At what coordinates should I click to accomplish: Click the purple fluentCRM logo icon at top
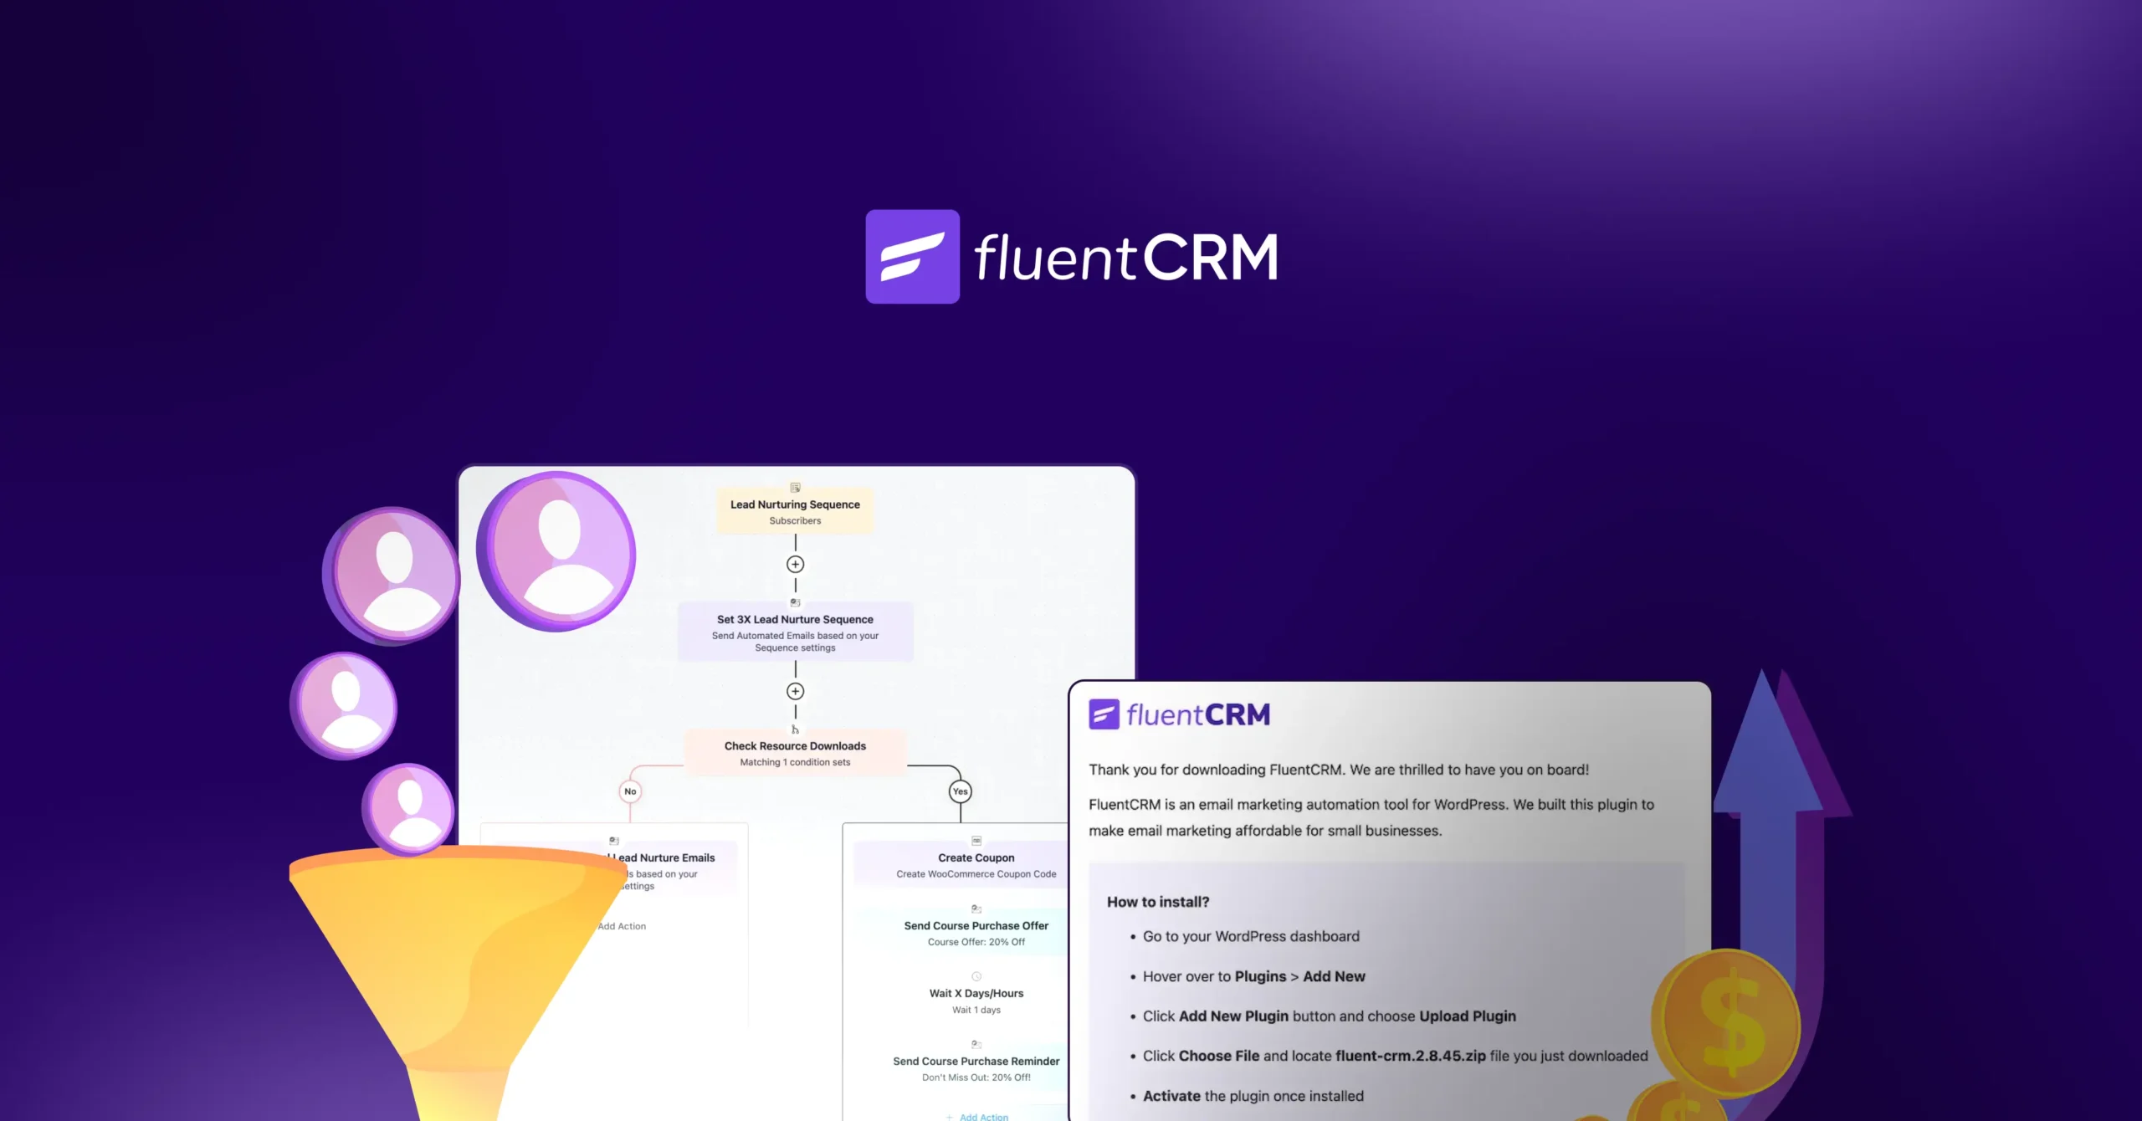[912, 256]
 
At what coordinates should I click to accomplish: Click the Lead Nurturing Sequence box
[795, 510]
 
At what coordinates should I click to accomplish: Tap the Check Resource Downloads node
[795, 752]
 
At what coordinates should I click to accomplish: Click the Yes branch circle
[960, 791]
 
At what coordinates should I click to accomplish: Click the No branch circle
[630, 791]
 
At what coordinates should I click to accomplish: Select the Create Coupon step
[976, 864]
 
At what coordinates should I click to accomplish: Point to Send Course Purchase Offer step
[976, 932]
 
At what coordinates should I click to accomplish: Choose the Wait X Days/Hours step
[976, 1000]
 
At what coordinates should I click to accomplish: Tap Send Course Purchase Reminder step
[976, 1067]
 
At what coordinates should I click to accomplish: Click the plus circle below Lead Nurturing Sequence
[795, 565]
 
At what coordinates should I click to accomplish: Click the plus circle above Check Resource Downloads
[795, 691]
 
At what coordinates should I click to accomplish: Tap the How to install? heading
[1158, 902]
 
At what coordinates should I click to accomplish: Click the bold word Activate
[1171, 1096]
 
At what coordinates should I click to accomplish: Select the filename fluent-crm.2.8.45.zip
[1411, 1056]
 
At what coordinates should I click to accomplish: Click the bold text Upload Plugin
[1468, 1016]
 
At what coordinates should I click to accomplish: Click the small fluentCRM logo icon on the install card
[1104, 714]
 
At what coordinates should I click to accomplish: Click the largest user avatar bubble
[557, 550]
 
